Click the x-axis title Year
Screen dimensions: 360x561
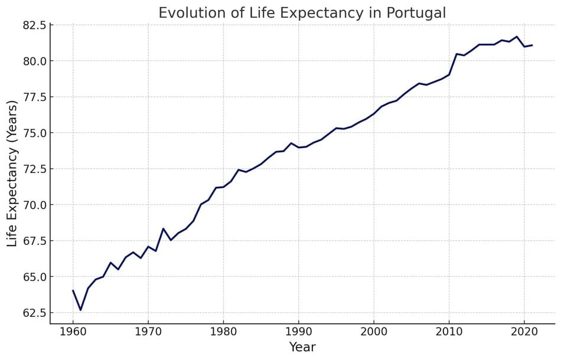coord(302,347)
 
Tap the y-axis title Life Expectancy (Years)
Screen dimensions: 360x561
coord(12,174)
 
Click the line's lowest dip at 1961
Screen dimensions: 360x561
coord(80,310)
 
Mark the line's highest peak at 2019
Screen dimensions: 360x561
coord(517,37)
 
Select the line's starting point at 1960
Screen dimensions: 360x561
coord(73,290)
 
